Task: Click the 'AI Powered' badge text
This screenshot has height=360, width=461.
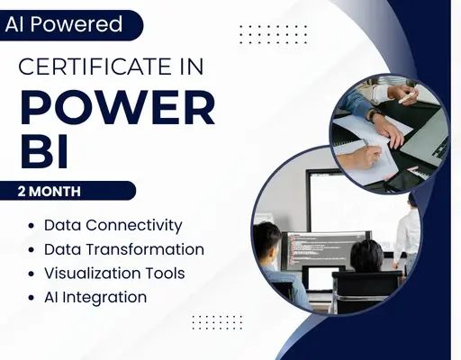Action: [64, 24]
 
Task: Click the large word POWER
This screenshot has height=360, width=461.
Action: [118, 107]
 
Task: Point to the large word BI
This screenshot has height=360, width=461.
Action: [44, 151]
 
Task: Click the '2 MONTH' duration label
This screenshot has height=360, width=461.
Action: [50, 192]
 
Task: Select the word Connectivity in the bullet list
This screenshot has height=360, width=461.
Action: [134, 226]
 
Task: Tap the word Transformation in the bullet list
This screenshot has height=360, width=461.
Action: [145, 249]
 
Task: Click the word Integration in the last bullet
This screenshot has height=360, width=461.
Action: [104, 298]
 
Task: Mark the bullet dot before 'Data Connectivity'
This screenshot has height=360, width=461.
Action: [32, 226]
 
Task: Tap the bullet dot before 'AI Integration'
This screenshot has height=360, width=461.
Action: [32, 298]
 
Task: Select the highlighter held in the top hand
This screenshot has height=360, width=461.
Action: [408, 97]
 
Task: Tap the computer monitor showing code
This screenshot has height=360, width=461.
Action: [327, 249]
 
